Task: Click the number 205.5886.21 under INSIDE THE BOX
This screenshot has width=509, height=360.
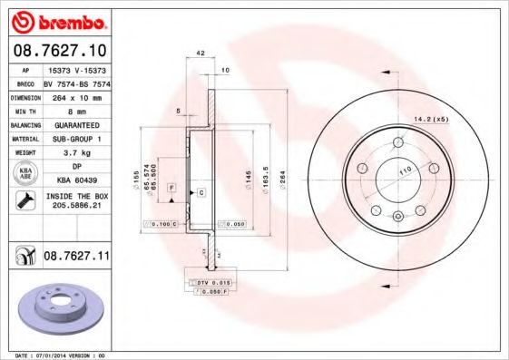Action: click(x=76, y=206)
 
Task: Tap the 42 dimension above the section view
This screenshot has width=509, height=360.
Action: click(x=199, y=54)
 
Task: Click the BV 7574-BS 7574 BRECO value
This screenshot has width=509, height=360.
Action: click(x=76, y=81)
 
